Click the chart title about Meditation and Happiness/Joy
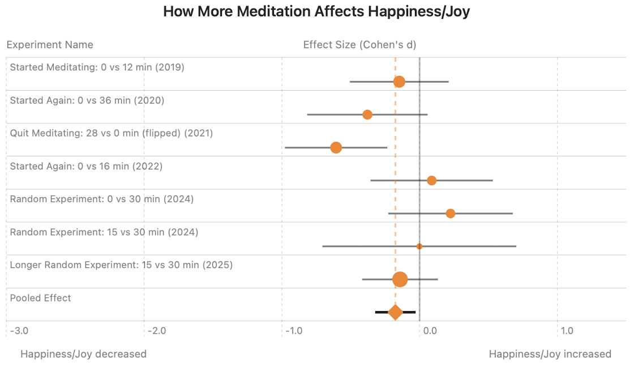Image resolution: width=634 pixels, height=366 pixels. pyautogui.click(x=316, y=11)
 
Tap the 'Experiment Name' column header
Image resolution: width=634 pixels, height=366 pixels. pyautogui.click(x=50, y=45)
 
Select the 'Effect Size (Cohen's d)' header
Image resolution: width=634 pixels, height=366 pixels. pyautogui.click(x=359, y=45)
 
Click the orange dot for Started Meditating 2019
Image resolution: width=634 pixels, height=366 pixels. pyautogui.click(x=399, y=82)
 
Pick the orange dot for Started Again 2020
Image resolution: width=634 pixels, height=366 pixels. pyautogui.click(x=367, y=114)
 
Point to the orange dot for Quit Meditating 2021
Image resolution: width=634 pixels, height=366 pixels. pyautogui.click(x=336, y=147)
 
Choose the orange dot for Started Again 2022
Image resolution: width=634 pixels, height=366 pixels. pyautogui.click(x=431, y=180)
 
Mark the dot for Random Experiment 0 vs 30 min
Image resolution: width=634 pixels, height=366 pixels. pyautogui.click(x=450, y=213)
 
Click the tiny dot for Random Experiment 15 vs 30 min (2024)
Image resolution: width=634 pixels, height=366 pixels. pyautogui.click(x=419, y=246)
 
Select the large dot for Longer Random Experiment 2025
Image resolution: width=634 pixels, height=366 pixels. pyautogui.click(x=400, y=279)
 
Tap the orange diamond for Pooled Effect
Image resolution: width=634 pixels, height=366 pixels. pyautogui.click(x=395, y=312)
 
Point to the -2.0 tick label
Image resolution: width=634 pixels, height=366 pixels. pyautogui.click(x=156, y=331)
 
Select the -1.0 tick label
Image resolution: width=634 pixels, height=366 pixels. pyautogui.click(x=293, y=331)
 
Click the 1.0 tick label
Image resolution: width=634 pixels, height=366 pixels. pyautogui.click(x=567, y=331)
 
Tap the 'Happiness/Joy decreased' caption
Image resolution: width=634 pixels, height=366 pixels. pyautogui.click(x=83, y=354)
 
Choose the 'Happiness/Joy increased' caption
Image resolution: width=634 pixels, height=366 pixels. pyautogui.click(x=550, y=354)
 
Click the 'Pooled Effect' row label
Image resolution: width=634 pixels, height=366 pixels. pyautogui.click(x=41, y=298)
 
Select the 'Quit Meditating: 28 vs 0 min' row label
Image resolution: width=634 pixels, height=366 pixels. pyautogui.click(x=112, y=133)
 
